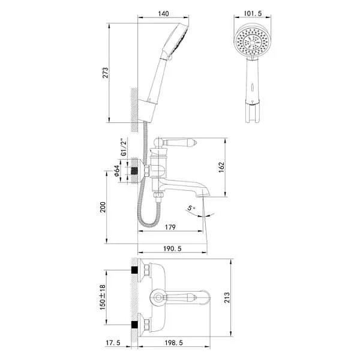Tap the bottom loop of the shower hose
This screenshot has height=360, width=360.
tap(146, 224)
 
